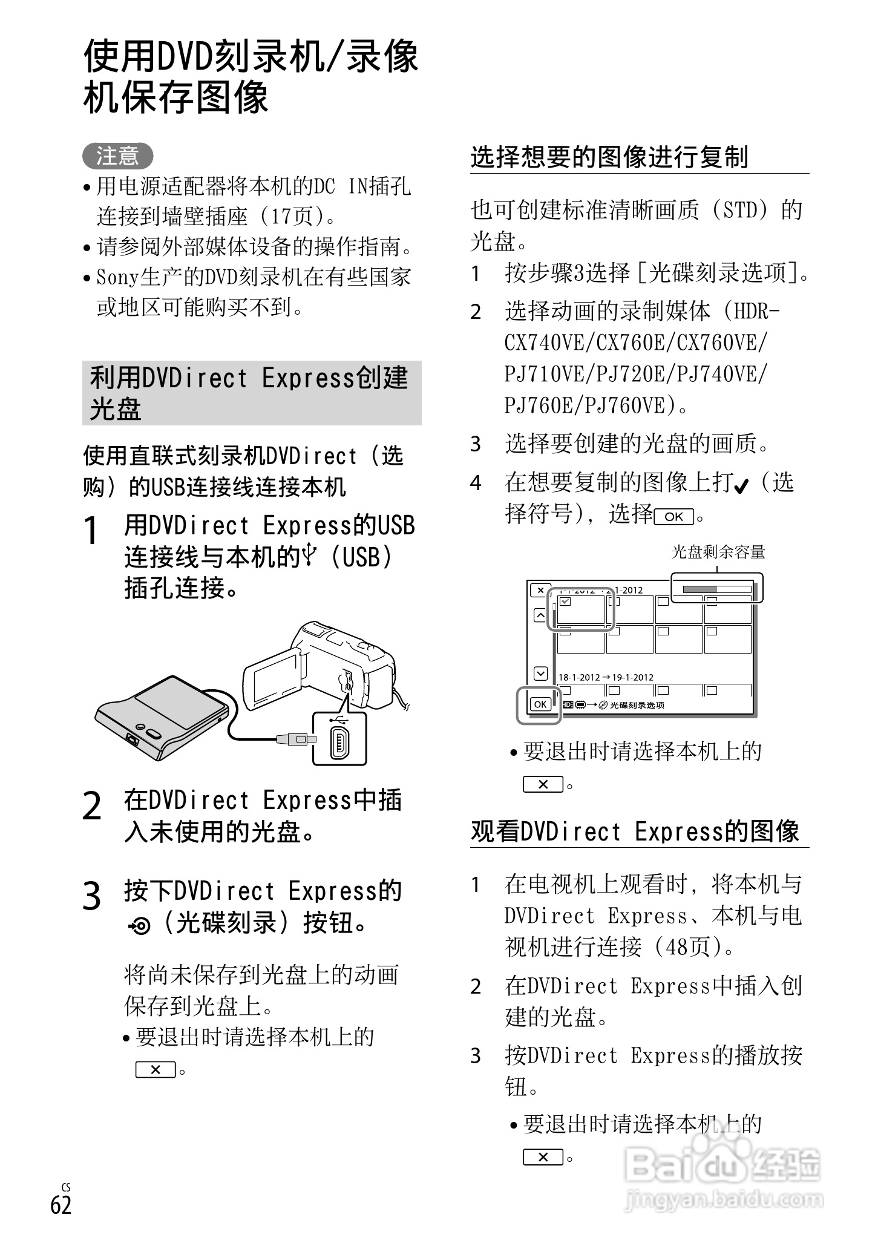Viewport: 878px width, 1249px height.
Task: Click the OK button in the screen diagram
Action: tap(540, 704)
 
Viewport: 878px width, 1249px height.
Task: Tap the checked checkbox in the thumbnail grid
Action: tap(565, 602)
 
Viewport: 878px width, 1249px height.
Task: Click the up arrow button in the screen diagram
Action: tap(540, 615)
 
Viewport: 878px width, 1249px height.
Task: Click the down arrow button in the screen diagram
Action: tap(540, 673)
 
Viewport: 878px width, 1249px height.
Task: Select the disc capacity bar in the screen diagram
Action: tap(716, 589)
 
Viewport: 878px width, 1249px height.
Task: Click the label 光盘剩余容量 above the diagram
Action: tap(718, 552)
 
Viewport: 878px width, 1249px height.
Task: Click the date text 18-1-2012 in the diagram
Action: tap(579, 677)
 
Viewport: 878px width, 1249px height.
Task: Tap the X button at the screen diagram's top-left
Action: tap(540, 590)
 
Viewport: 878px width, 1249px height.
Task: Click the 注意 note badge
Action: tap(117, 156)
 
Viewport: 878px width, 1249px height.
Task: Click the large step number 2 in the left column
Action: tap(92, 807)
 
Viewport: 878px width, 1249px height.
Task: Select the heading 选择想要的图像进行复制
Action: tap(609, 157)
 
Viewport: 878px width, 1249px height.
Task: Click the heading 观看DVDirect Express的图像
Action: tap(635, 831)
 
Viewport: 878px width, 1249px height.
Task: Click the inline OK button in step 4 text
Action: tap(673, 516)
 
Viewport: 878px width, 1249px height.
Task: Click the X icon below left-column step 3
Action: tap(155, 1069)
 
